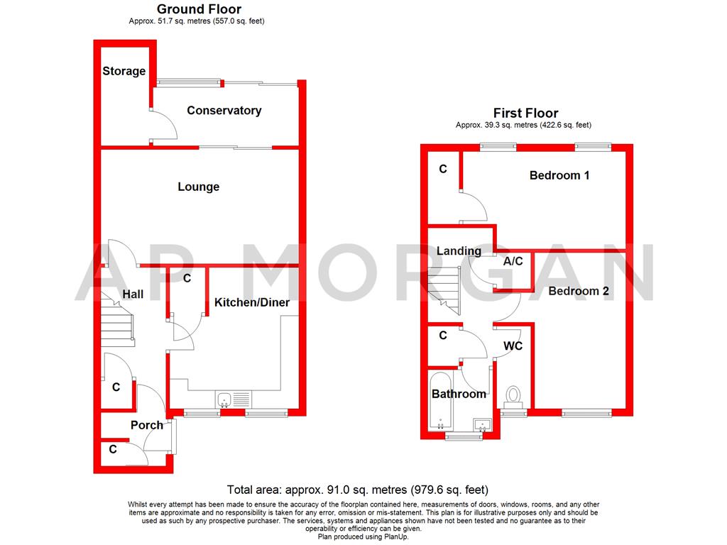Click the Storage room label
coord(124,71)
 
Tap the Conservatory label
coord(224,111)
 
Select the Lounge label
coord(198,187)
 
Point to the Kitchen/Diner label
coord(252,302)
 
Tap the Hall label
coord(133,294)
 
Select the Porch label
coord(146,425)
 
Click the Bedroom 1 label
coord(559,175)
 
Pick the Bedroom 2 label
coord(579,291)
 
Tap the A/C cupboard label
coord(513,262)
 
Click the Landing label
coord(459,251)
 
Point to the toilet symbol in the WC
coord(513,393)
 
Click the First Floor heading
coord(525,114)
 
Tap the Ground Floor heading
coord(199,9)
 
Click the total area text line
coord(358,490)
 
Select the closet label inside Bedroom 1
coord(443,170)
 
